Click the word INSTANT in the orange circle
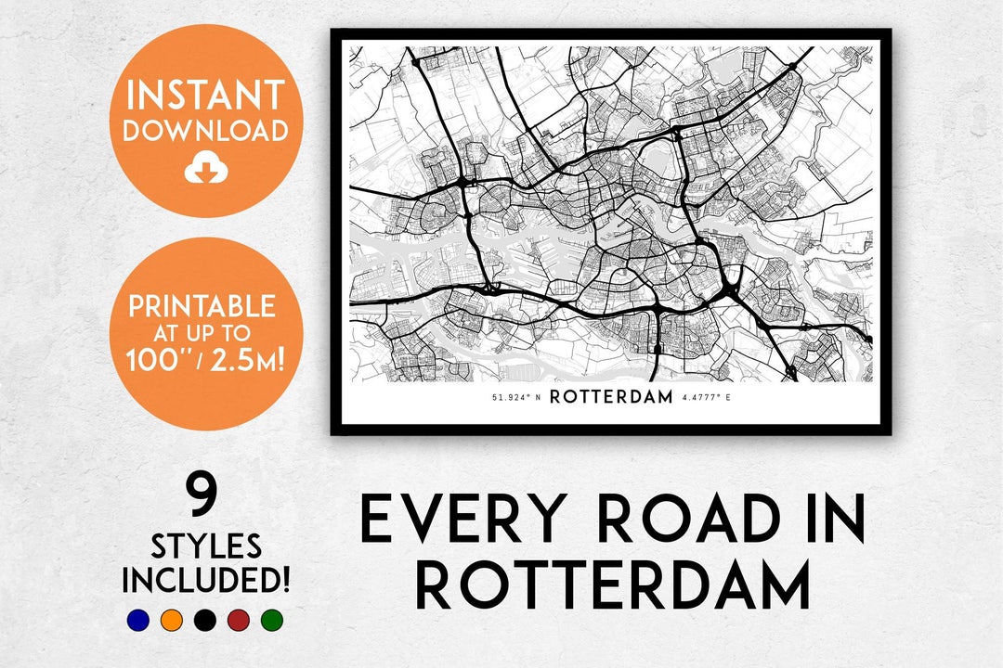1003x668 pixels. coord(205,96)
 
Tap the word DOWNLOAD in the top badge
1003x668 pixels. coord(205,131)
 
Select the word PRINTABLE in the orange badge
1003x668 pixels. coord(202,306)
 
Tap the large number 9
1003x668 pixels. coord(202,494)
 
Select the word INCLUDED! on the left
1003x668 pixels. coord(205,580)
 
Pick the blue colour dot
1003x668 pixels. coord(138,620)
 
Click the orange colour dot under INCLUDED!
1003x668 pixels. coord(171,620)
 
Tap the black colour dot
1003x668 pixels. coord(204,620)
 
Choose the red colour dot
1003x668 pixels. coord(238,620)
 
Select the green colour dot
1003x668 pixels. coord(271,620)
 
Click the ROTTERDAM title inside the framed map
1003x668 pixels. coord(610,397)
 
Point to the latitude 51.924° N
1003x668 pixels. coord(515,398)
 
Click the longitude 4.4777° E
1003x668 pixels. coord(708,398)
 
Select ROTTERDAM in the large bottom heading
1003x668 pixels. coord(612,586)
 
